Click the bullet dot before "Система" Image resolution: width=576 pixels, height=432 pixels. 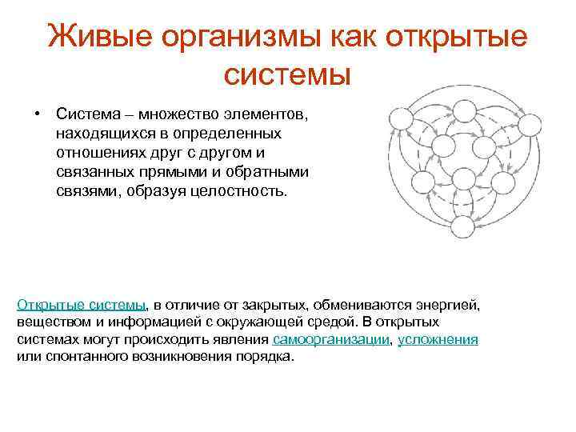(38, 113)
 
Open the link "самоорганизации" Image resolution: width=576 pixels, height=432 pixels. (330, 339)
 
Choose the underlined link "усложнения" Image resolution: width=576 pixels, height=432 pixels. (438, 339)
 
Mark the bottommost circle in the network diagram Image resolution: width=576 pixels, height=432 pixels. (462, 228)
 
